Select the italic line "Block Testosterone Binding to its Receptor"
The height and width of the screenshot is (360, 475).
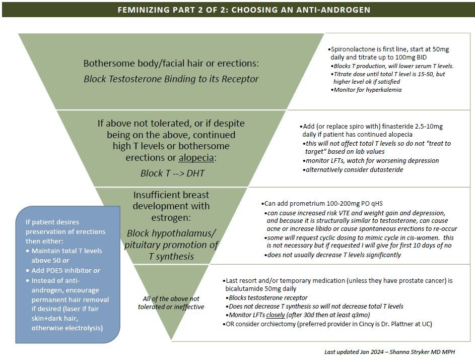(x=171, y=79)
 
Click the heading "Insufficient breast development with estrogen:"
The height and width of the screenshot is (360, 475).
(x=171, y=206)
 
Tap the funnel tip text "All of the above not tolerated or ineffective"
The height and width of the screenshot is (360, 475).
(x=171, y=303)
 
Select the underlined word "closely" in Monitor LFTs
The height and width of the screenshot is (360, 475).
(x=269, y=315)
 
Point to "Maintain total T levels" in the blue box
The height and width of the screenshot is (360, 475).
(x=66, y=251)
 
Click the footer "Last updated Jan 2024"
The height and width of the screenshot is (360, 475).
(x=357, y=352)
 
